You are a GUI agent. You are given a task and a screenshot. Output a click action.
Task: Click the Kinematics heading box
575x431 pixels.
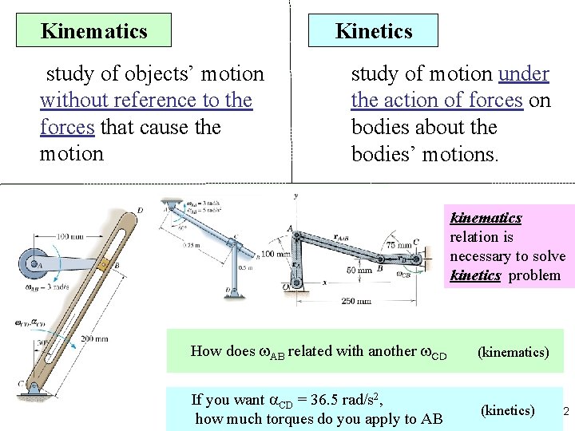(94, 31)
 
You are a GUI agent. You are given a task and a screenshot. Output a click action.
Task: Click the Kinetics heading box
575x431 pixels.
(375, 31)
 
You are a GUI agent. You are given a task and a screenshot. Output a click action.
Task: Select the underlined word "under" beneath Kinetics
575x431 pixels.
(523, 74)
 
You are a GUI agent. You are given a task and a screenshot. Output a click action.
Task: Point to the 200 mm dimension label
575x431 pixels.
(94, 339)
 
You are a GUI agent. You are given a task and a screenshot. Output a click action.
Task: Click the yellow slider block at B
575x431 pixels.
(104, 263)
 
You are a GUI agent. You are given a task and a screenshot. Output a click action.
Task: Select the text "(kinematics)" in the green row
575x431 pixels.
(513, 351)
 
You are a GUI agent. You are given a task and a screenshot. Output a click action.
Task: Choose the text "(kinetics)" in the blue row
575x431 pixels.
(507, 410)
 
